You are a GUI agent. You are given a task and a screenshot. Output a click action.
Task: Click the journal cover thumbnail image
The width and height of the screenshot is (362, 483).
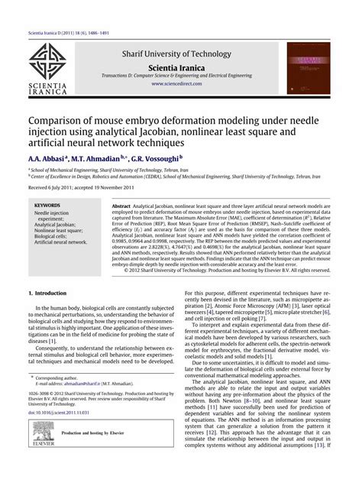[x=312, y=67]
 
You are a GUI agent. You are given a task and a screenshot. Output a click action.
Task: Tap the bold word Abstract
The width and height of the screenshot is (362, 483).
[x=121, y=206]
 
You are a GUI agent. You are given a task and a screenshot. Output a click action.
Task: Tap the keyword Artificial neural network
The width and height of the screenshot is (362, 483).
[x=60, y=241]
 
